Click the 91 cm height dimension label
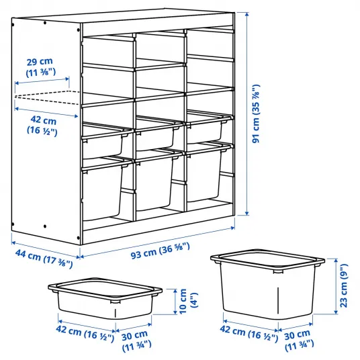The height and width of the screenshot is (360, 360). point(256,114)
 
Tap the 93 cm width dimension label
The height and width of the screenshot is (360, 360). point(161,251)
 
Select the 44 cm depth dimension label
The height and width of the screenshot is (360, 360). point(44,259)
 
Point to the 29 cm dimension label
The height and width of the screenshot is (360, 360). point(40,67)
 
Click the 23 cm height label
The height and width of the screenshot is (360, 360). point(344,285)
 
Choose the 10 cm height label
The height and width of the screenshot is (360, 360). point(188,301)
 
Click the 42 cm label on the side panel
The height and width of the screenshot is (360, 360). point(42,126)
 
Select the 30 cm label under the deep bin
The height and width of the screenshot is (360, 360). point(299,340)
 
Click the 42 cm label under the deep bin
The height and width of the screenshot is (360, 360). point(249,332)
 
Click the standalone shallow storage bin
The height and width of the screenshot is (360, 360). point(105,298)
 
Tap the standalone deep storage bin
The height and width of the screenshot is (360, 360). point(268,283)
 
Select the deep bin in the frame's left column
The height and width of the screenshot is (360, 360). point(103,188)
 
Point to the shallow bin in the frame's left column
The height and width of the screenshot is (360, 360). point(104,140)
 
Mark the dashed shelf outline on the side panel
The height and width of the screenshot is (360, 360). point(47,97)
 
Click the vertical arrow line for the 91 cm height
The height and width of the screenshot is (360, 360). point(246,114)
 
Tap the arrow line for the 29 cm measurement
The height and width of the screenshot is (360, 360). point(42,81)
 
